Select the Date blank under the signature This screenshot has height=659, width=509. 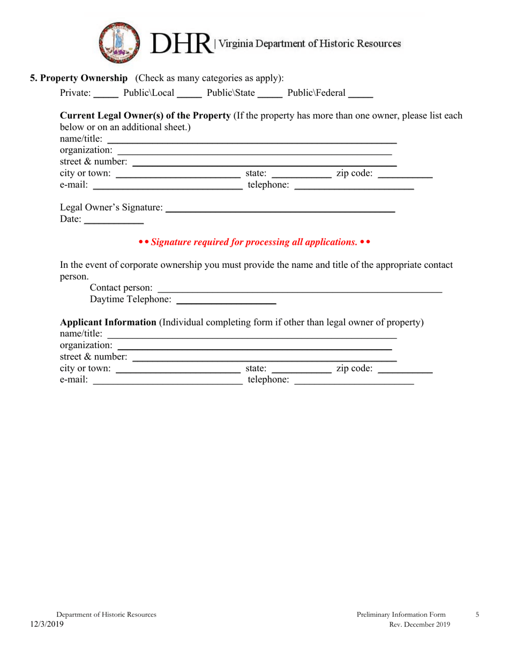click(x=114, y=220)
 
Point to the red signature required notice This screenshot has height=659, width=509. click(x=254, y=242)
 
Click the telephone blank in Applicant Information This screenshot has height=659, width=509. click(x=354, y=381)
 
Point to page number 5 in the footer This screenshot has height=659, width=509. click(x=477, y=615)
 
